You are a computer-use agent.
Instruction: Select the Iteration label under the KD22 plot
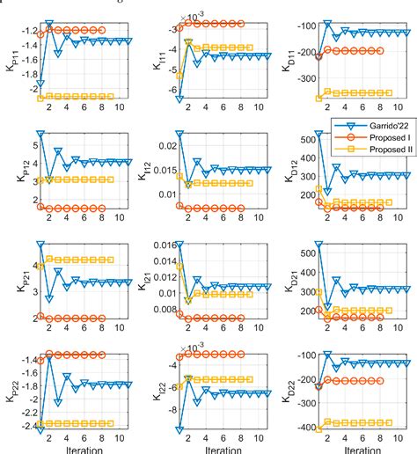(359, 449)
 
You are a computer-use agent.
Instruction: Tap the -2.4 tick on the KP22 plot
(23, 427)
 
